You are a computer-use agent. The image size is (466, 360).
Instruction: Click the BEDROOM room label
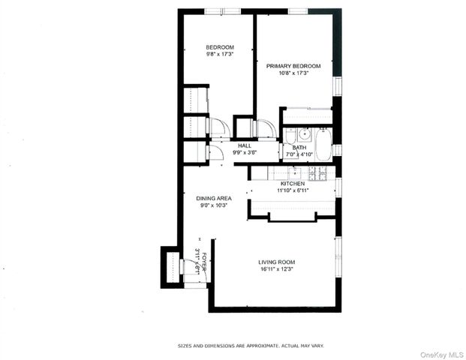click(220, 47)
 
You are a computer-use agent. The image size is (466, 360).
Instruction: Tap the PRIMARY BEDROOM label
click(293, 66)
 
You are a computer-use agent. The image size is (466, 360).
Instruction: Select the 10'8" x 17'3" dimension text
click(293, 73)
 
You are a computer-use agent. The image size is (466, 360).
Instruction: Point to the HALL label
click(244, 145)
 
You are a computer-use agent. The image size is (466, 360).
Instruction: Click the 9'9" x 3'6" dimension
click(244, 152)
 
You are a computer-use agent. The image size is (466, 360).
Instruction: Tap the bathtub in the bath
click(323, 145)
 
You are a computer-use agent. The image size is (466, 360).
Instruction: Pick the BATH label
click(299, 148)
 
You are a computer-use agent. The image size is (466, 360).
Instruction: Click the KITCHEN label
click(292, 184)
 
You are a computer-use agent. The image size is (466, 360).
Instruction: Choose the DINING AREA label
click(213, 198)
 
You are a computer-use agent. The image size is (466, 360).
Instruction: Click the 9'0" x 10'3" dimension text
click(213, 205)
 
